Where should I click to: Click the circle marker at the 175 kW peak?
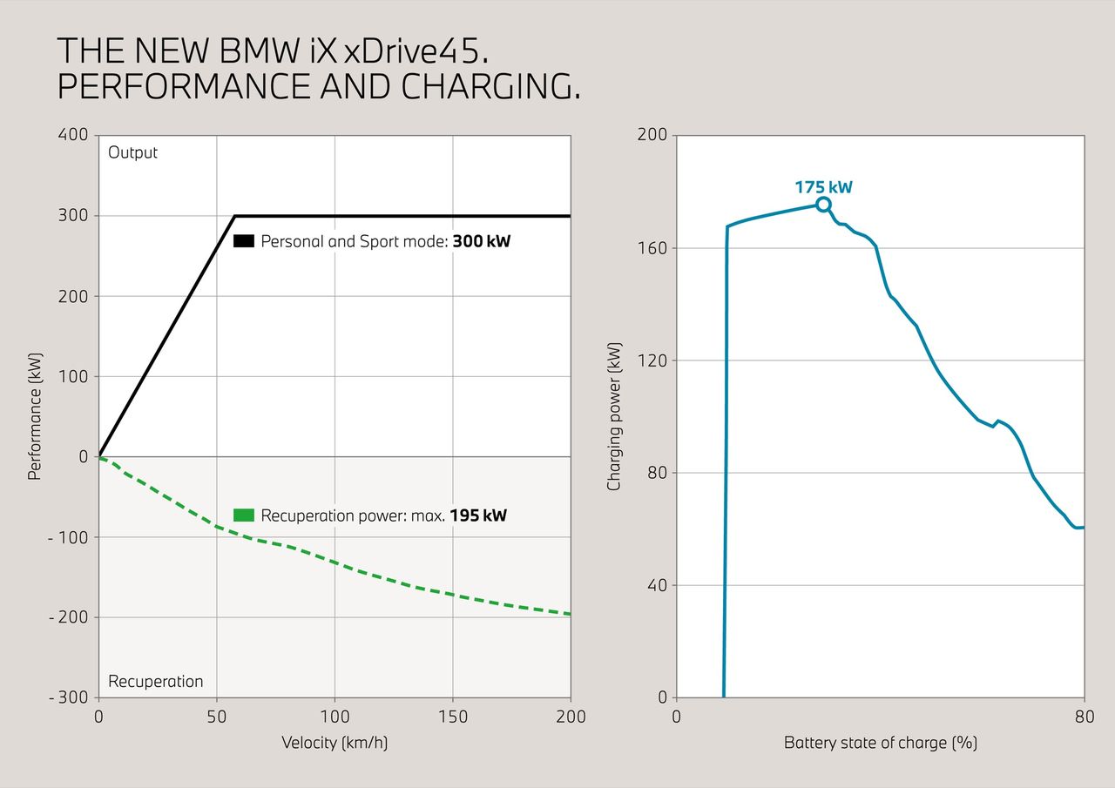[823, 205]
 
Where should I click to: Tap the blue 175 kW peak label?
[823, 186]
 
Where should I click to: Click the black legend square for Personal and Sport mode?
[244, 241]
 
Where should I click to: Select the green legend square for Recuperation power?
[244, 515]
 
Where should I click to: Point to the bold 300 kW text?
[481, 241]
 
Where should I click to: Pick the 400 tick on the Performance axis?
[74, 135]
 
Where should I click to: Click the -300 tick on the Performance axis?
[69, 697]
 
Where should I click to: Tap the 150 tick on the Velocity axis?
[452, 717]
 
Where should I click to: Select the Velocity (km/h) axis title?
[334, 743]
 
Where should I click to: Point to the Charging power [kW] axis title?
[614, 416]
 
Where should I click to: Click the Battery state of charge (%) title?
[880, 743]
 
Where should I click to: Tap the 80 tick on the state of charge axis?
[1084, 717]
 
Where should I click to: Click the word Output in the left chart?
[133, 152]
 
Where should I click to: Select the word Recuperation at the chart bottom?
[155, 681]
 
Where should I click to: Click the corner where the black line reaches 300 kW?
[235, 216]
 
